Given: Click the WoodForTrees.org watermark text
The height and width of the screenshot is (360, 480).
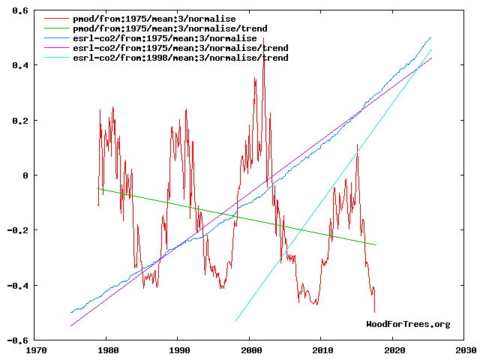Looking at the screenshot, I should click(x=408, y=324).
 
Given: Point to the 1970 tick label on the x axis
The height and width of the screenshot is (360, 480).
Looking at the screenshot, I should click(x=35, y=349).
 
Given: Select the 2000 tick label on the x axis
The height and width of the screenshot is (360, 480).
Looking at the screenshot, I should click(x=250, y=349).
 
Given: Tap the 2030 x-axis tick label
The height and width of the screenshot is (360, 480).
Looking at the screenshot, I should click(x=465, y=349).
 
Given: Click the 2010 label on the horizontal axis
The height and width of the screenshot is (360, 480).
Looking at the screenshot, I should click(x=322, y=349).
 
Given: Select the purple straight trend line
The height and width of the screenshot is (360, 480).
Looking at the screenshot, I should click(x=225, y=215).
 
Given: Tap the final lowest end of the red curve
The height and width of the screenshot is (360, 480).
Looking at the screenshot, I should click(x=374, y=311).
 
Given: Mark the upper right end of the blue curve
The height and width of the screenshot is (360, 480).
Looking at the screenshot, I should click(x=431, y=37).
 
